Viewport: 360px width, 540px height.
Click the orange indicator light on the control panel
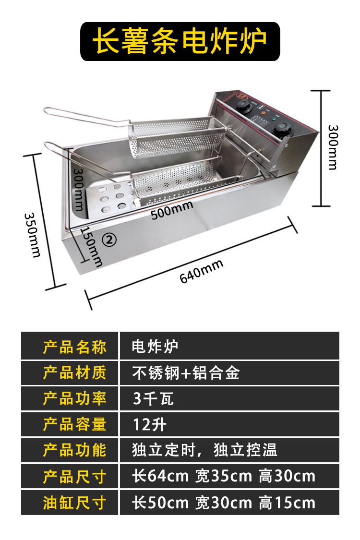click(263, 112)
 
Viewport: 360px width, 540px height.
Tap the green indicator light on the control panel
click(274, 120)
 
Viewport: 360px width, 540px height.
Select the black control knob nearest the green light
click(283, 130)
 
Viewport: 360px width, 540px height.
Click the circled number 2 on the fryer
click(110, 240)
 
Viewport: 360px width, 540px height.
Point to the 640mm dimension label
click(202, 271)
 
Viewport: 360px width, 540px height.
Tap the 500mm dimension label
click(171, 210)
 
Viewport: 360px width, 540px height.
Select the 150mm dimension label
click(92, 247)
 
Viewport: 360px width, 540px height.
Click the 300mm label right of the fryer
click(333, 147)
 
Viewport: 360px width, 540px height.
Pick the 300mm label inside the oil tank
click(78, 190)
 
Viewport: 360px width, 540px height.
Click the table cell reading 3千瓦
click(153, 398)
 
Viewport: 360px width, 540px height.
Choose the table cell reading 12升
click(149, 424)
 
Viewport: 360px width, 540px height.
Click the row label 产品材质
click(74, 372)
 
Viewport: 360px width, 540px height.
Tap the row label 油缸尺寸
click(74, 503)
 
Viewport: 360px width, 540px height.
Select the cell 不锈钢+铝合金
click(186, 372)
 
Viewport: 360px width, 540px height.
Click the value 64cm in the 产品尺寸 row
click(168, 476)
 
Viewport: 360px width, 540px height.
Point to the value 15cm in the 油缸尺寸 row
click(295, 503)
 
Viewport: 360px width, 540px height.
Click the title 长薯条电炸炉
click(180, 41)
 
